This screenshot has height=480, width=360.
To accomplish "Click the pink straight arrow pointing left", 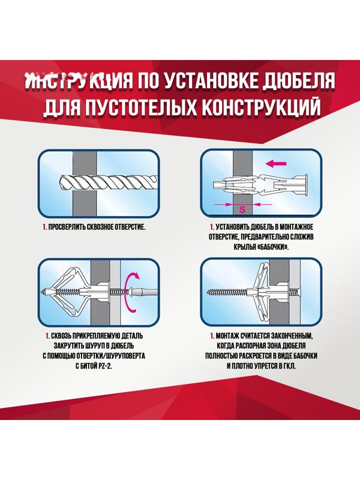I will pos(277,163).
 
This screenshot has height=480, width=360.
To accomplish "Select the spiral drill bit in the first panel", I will pos(108,181).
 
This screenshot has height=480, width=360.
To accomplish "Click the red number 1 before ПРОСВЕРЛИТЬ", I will pos(44,228).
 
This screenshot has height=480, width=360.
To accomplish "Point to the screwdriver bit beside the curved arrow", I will pos(147,292).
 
